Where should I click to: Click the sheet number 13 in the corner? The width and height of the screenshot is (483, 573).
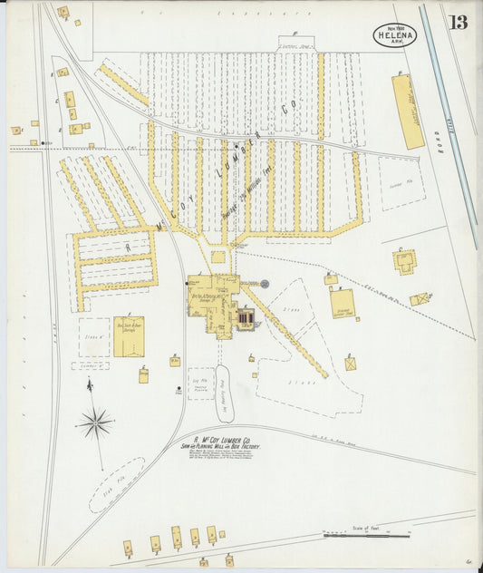click(x=459, y=22)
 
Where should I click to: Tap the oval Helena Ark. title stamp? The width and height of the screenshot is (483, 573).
click(x=394, y=36)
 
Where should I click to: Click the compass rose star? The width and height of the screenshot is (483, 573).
click(x=95, y=422)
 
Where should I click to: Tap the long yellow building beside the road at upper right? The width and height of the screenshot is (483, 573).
click(x=407, y=112)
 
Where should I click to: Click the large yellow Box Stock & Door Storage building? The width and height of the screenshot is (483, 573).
click(x=129, y=336)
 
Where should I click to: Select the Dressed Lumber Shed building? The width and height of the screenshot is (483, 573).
click(x=342, y=303)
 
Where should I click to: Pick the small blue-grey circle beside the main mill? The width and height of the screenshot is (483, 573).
click(x=265, y=284)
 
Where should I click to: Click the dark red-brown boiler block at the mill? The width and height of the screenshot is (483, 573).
click(x=246, y=317)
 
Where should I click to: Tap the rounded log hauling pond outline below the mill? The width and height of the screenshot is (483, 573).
click(x=224, y=393)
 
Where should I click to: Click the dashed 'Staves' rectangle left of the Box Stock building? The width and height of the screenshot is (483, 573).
click(x=93, y=337)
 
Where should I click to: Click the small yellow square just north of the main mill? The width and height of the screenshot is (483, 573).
click(x=217, y=257)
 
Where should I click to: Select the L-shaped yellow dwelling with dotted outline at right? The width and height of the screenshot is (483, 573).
click(x=404, y=261)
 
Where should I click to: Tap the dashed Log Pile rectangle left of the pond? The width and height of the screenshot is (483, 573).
click(x=200, y=384)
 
